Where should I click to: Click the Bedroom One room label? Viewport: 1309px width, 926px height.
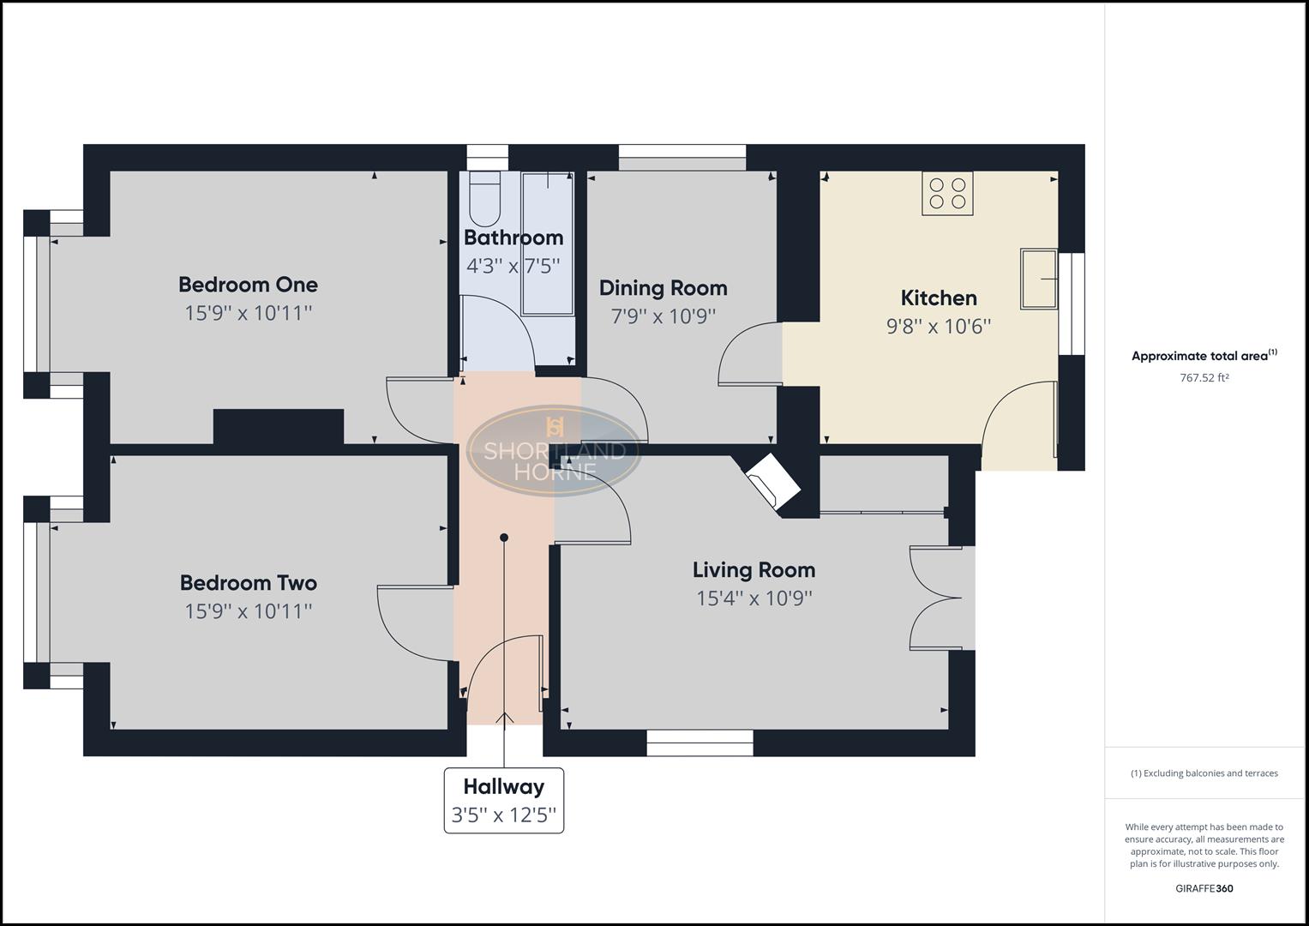tap(248, 285)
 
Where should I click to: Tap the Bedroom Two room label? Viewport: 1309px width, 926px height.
tap(248, 583)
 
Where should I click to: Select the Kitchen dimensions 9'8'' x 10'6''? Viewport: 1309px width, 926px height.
tap(938, 327)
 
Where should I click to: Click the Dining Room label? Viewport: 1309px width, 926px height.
tap(663, 288)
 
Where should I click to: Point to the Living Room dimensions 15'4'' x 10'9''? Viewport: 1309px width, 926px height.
tap(754, 598)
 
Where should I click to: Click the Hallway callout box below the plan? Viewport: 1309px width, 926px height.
tap(504, 800)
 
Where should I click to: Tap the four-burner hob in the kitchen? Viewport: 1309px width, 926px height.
tap(947, 194)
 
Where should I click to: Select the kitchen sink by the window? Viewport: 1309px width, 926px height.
tap(1038, 279)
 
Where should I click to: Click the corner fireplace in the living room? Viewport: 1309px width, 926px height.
tap(772, 483)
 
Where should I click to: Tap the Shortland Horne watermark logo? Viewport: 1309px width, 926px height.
tap(555, 449)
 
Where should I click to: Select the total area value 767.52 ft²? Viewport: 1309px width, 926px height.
tap(1204, 377)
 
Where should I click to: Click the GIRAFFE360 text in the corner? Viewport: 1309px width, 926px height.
tap(1204, 888)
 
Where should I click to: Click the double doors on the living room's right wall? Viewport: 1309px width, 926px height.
tap(941, 598)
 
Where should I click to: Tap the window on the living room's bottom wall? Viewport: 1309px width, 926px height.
tap(700, 743)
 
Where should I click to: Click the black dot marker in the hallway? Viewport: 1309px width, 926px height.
tap(504, 538)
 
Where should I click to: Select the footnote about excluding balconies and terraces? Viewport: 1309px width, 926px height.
tap(1204, 773)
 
